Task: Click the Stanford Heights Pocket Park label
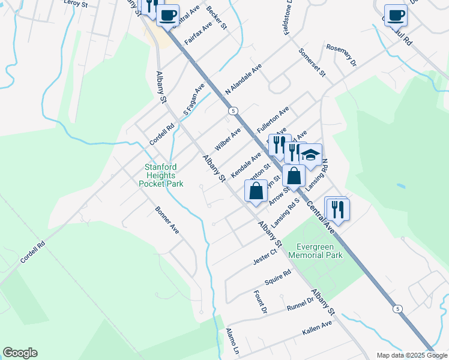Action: coord(164,176)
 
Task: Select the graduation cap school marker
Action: coord(310,155)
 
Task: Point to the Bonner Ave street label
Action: coord(167,220)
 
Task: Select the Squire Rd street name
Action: coord(278,277)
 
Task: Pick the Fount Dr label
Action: coord(259,302)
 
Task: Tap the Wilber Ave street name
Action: coord(228,139)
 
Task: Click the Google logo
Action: coord(20,353)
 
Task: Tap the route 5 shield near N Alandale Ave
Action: coord(234,110)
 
